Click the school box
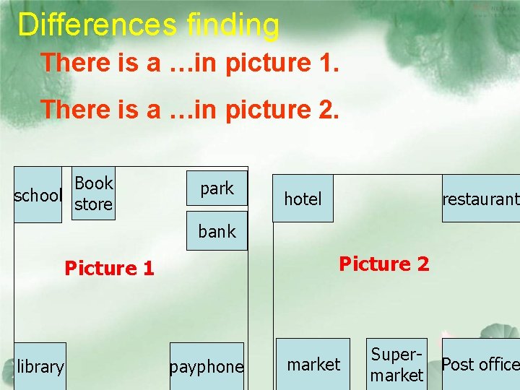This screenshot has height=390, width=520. coord(38,195)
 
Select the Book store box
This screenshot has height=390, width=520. coord(94,194)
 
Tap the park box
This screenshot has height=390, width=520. coord(217,188)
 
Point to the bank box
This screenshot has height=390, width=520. coord(217,231)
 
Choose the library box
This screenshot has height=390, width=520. coord(40,366)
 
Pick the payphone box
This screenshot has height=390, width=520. coord(207,366)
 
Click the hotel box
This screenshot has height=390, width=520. coord(303,199)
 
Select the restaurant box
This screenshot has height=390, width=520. coord(480,199)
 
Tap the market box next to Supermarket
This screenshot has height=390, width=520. coord(313,365)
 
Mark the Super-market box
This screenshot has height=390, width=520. coord(396,365)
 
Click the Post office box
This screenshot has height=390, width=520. coord(480,365)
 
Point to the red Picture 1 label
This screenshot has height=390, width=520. coord(109,269)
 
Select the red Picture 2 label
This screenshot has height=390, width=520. coord(384,264)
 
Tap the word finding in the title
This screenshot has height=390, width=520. coord(233,25)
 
